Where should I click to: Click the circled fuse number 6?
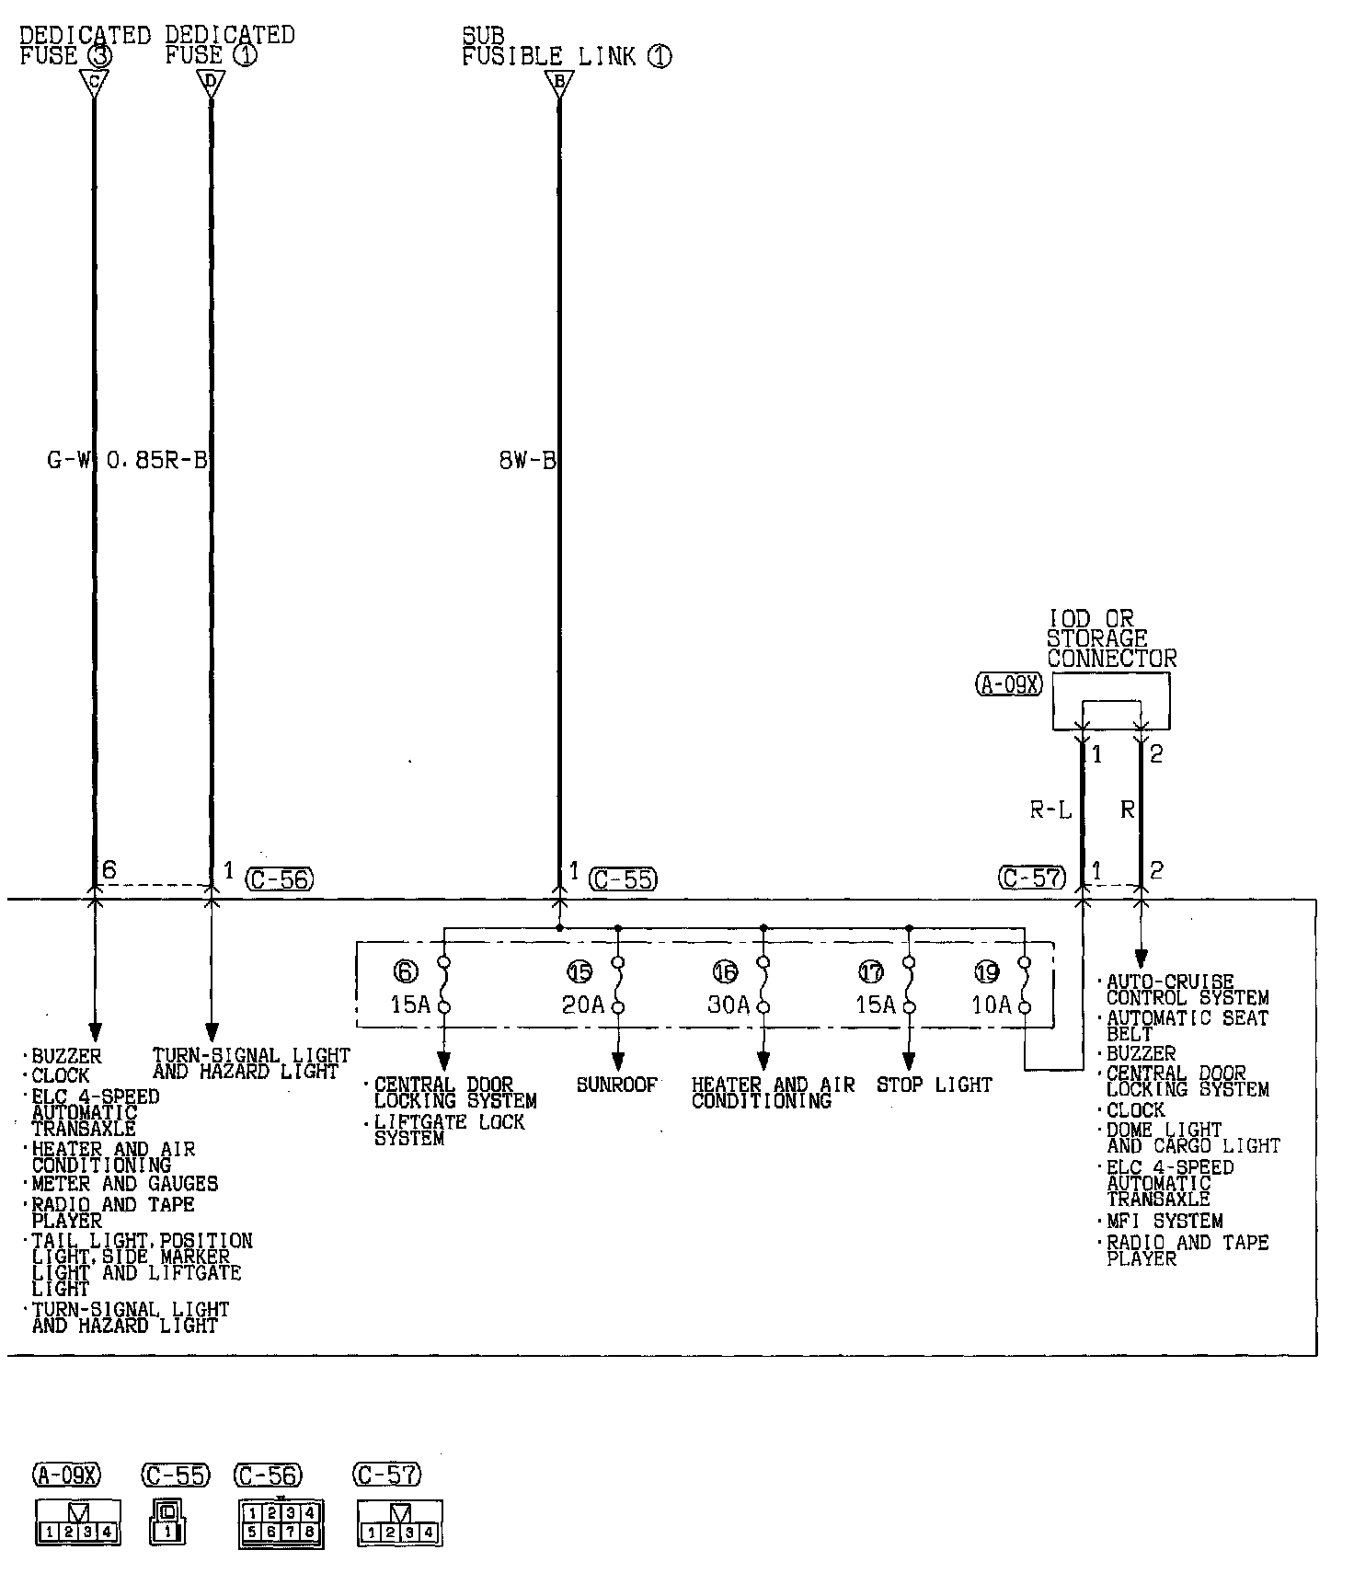point(405,971)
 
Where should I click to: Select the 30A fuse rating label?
point(729,1005)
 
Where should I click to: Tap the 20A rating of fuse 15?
point(583,1005)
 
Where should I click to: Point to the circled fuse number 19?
point(987,971)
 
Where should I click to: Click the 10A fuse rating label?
point(992,1005)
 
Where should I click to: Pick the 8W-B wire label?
point(528,461)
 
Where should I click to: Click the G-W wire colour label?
point(69,461)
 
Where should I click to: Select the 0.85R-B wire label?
point(157,461)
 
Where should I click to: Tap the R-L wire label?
point(1050,810)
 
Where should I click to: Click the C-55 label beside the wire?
point(624,879)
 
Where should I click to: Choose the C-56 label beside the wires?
point(280,879)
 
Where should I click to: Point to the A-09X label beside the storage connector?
point(1009,684)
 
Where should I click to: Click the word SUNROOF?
point(617,1085)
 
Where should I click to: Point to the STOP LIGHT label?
point(935,1085)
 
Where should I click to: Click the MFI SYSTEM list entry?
point(1165,1222)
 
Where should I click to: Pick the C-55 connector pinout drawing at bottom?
point(166,1522)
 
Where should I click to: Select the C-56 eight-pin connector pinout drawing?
point(281,1522)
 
